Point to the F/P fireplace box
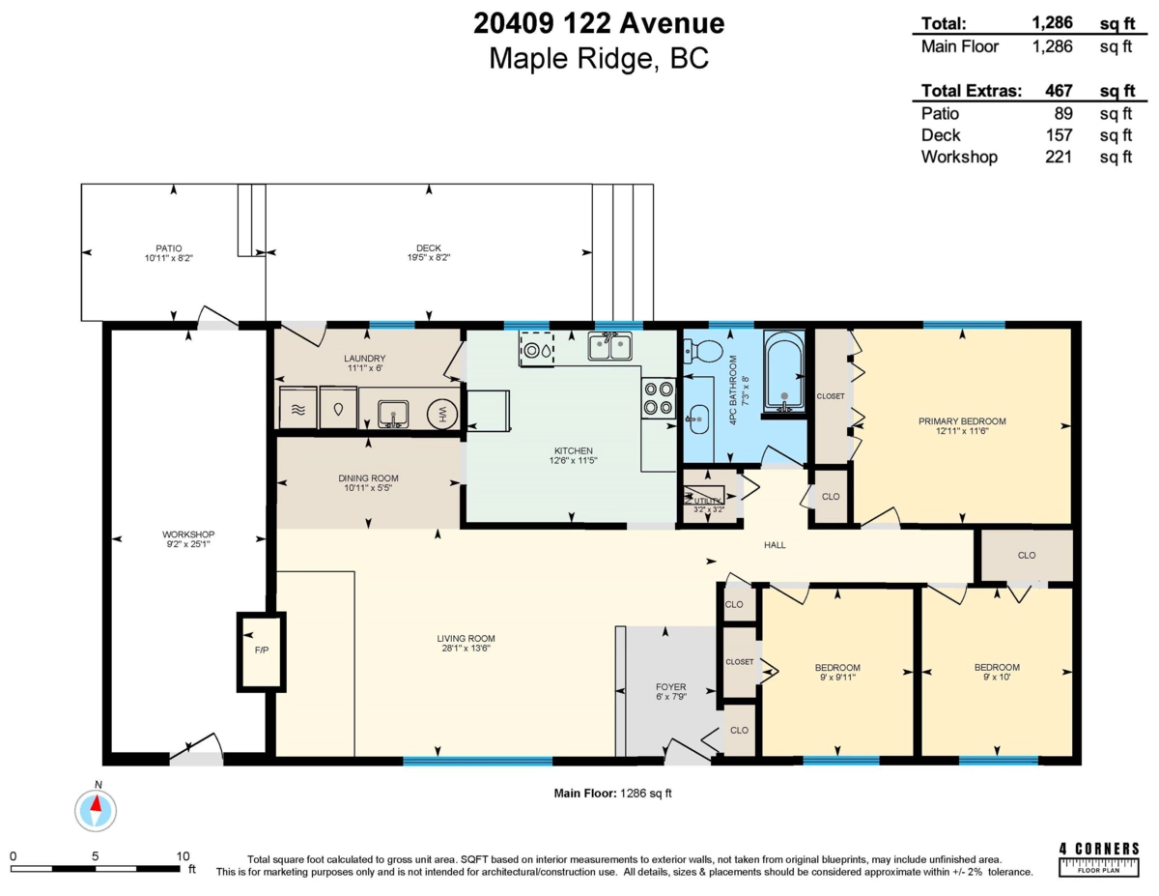click(x=261, y=650)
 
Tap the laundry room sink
click(x=393, y=414)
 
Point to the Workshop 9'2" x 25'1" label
click(x=188, y=539)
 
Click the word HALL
click(x=775, y=545)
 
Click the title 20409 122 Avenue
click(x=599, y=23)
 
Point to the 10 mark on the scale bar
click(x=183, y=856)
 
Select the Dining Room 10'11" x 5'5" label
click(x=368, y=482)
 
